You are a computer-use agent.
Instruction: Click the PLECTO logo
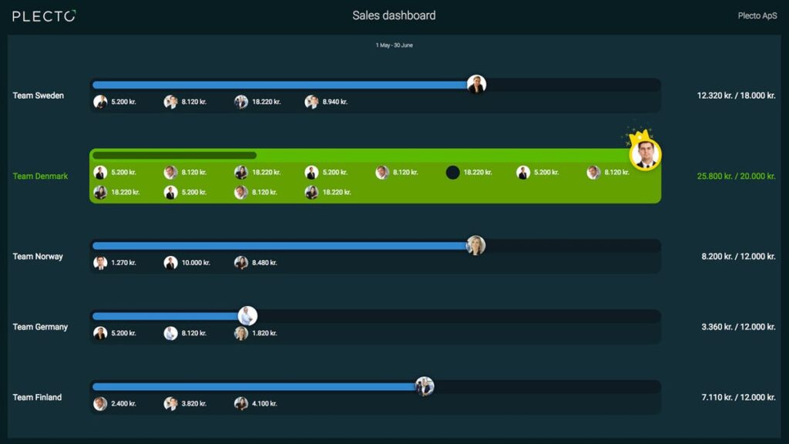point(44,16)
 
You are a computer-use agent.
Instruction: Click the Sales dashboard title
point(394,15)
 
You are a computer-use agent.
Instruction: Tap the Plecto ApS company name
point(757,16)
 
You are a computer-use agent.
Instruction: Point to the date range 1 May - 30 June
point(394,45)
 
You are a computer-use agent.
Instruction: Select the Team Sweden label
point(39,96)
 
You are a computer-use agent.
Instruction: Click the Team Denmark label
point(40,177)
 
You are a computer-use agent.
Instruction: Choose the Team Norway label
point(38,257)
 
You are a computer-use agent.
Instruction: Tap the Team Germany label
point(40,327)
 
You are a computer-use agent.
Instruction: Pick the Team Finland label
point(37,398)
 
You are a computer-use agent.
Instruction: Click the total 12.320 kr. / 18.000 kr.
point(736,96)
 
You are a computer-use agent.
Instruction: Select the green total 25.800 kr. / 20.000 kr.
point(736,177)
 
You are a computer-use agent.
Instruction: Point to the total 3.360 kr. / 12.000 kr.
point(737,327)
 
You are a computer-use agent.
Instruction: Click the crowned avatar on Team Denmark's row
point(645,154)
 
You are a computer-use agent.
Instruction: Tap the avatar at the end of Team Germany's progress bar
point(247,316)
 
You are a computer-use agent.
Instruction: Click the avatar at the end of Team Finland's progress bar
point(425,386)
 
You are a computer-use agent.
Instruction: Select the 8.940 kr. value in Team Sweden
point(334,102)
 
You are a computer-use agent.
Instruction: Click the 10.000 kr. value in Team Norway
point(196,263)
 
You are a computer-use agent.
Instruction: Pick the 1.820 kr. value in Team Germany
point(264,333)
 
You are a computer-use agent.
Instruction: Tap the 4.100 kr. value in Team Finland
point(264,404)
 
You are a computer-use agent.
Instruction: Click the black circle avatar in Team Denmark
point(453,173)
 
